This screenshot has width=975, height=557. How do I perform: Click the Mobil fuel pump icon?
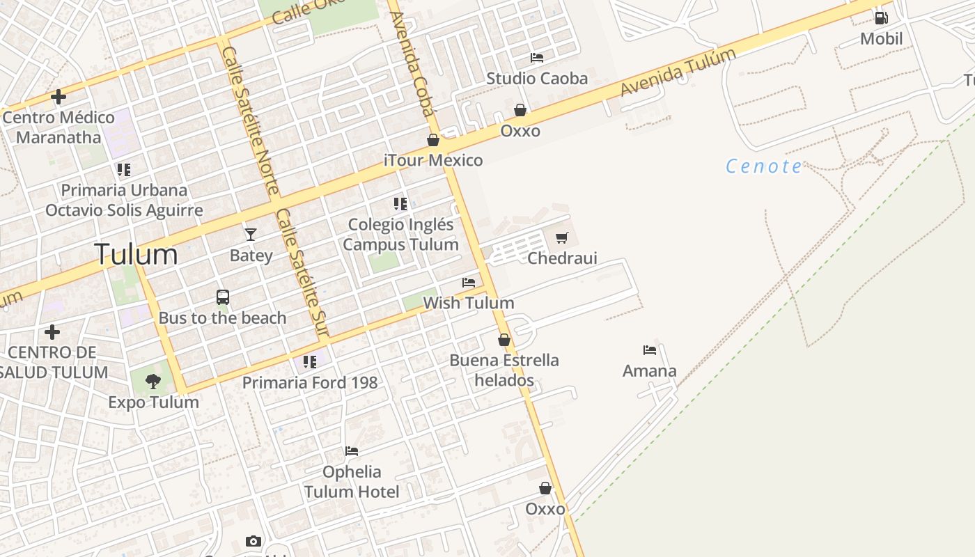click(881, 18)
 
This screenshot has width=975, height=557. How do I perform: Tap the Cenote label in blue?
click(764, 166)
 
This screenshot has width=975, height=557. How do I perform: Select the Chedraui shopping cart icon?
click(562, 238)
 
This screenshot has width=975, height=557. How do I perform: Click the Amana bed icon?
click(650, 350)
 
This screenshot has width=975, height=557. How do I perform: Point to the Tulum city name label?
click(136, 254)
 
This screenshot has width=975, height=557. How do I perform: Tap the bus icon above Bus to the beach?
click(223, 297)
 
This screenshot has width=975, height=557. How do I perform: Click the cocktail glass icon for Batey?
click(251, 235)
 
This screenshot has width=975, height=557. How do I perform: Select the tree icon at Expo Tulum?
click(153, 382)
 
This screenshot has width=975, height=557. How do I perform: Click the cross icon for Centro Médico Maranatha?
click(58, 97)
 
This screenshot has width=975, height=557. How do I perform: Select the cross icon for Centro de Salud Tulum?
click(52, 332)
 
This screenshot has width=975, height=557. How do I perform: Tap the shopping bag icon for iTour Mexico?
click(433, 140)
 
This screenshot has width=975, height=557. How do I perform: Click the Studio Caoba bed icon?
click(537, 58)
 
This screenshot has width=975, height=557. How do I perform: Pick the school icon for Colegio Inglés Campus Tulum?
click(400, 204)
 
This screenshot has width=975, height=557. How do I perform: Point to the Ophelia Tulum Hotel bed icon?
click(352, 451)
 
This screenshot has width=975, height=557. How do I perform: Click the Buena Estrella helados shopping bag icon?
click(504, 340)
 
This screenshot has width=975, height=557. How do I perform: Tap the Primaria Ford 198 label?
click(310, 382)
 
